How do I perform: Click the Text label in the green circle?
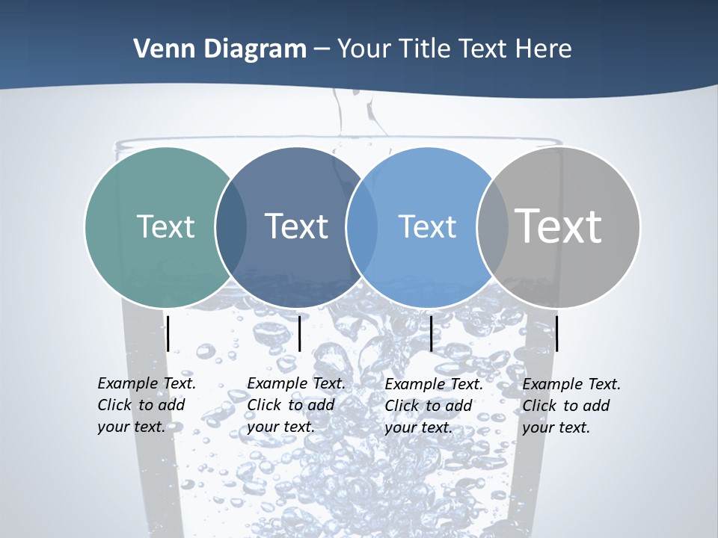coord(165,226)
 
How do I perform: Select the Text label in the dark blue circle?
coord(296,226)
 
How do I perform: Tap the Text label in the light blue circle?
coord(427,226)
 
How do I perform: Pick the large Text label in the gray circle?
coord(558,226)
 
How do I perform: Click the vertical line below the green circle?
coord(168,333)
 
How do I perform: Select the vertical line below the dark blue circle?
coord(299,333)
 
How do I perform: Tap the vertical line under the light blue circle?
coord(431,333)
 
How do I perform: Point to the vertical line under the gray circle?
coord(556,333)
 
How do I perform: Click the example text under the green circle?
coord(147,405)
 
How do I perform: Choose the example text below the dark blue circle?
coord(296,405)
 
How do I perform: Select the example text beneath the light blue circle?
coord(434,406)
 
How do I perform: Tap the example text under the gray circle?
coord(571,406)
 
